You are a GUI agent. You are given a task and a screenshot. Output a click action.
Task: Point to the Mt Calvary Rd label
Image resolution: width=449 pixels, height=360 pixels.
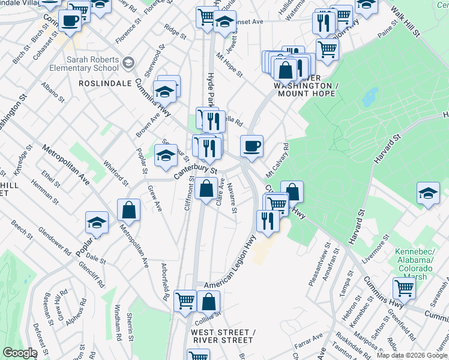tap(277, 160)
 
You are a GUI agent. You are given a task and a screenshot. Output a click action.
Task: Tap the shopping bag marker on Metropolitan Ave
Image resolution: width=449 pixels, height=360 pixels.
tap(128, 210)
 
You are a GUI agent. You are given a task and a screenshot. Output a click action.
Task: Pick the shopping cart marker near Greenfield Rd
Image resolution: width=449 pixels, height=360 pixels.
tap(405, 288)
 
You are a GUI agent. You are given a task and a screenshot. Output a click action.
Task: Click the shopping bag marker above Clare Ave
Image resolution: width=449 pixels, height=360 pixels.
tap(206, 188)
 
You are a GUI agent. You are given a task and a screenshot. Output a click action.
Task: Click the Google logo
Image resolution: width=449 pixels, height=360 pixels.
tap(19, 353)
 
